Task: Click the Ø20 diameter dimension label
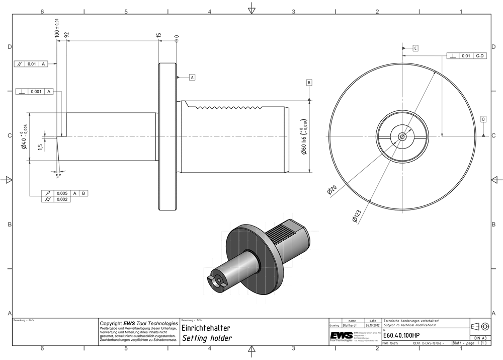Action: pos(331,189)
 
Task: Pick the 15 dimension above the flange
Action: pos(158,36)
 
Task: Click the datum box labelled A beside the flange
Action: pos(192,77)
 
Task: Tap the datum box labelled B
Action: pos(309,82)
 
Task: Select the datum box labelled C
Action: pos(415,48)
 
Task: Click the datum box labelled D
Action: pos(483,119)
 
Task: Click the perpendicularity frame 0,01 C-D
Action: pos(467,56)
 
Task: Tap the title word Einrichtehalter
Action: pos(206,328)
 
